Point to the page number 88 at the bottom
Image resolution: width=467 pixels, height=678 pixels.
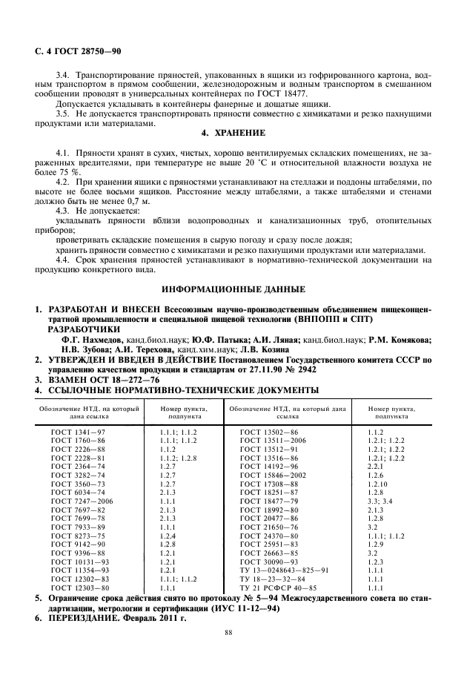coord(233,633)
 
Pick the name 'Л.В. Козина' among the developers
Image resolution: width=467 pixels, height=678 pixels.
coord(274,348)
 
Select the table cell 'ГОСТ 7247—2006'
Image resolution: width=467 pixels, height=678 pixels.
coord(87,501)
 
